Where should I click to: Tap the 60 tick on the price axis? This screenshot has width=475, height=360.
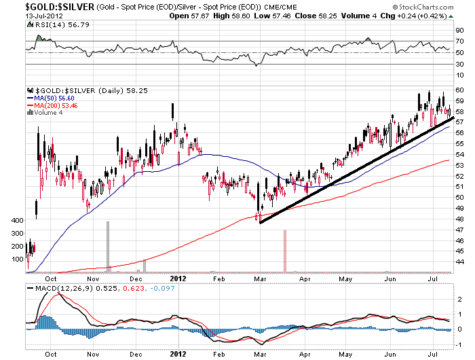pos(459,90)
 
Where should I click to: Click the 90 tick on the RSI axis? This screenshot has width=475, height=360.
pos(459,30)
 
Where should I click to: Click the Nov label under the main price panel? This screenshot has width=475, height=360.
pos(92,278)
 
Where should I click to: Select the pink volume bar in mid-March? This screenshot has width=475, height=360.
pos(284,251)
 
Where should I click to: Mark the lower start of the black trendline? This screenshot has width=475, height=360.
pos(261,222)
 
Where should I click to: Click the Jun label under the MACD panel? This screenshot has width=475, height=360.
pos(390,353)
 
